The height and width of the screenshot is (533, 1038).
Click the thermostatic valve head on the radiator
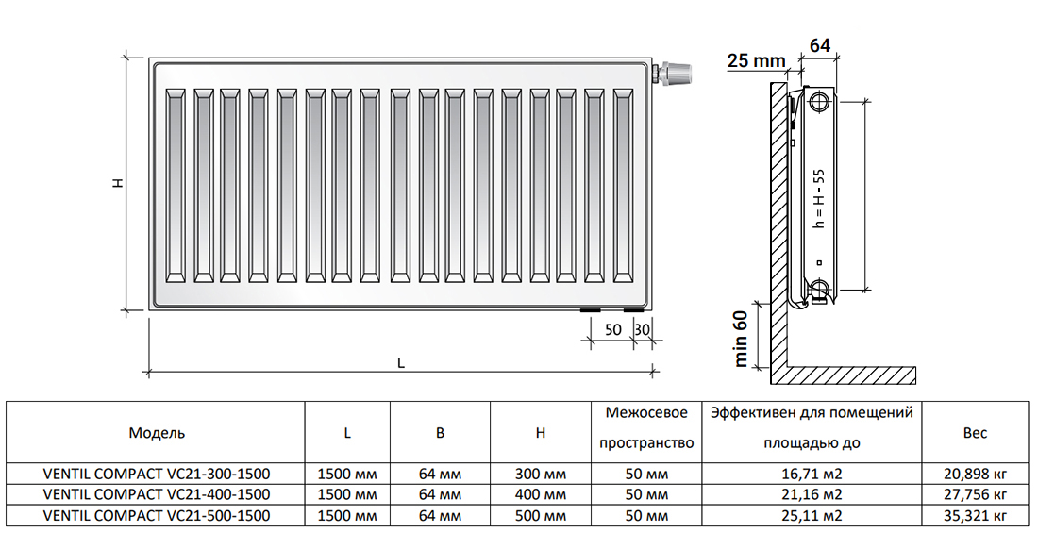tap(674, 73)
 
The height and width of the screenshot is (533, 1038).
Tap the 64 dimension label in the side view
tap(819, 45)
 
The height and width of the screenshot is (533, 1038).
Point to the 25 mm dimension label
tap(757, 61)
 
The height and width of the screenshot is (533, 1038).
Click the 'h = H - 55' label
tap(819, 199)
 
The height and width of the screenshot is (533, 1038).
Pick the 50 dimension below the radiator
tap(613, 328)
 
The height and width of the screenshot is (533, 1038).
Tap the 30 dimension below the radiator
tap(642, 328)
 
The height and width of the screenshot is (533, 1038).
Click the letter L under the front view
tap(400, 363)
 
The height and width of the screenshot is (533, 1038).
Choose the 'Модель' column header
tap(157, 433)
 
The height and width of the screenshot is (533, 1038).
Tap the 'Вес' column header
tap(975, 433)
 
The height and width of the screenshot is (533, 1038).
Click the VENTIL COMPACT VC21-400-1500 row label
tap(157, 494)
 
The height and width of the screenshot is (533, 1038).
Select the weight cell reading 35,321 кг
tap(975, 516)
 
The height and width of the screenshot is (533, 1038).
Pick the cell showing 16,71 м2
tap(812, 475)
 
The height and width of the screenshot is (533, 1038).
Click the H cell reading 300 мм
tap(540, 475)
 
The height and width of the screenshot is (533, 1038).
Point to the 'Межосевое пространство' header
tap(646, 427)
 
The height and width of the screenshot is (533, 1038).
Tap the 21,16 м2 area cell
tap(812, 494)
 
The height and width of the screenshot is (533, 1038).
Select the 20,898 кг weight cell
tap(975, 475)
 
